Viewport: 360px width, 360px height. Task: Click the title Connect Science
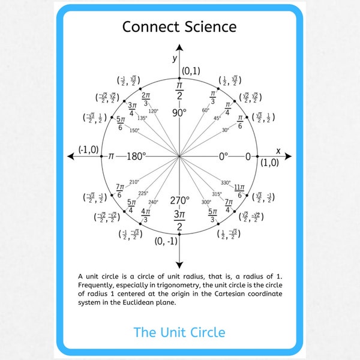(x=179, y=26)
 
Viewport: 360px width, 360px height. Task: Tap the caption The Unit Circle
(x=179, y=332)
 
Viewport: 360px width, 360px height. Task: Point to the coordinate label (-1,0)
(x=88, y=149)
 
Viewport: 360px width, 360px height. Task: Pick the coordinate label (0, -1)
(x=166, y=241)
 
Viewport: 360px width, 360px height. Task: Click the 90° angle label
(x=179, y=112)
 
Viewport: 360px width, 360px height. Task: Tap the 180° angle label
(x=136, y=157)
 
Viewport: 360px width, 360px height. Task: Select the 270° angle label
(x=179, y=200)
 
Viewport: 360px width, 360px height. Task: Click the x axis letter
(x=278, y=150)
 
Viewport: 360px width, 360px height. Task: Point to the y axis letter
(x=175, y=58)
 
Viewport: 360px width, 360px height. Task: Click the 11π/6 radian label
(x=239, y=191)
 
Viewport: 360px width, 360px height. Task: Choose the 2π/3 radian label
(x=146, y=98)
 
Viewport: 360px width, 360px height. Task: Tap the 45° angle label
(x=217, y=118)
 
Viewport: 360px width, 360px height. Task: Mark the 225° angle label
(x=143, y=193)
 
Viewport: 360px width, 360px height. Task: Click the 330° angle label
(x=226, y=182)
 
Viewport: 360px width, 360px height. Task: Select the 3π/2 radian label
(x=179, y=220)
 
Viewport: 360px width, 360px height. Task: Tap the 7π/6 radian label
(x=119, y=191)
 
